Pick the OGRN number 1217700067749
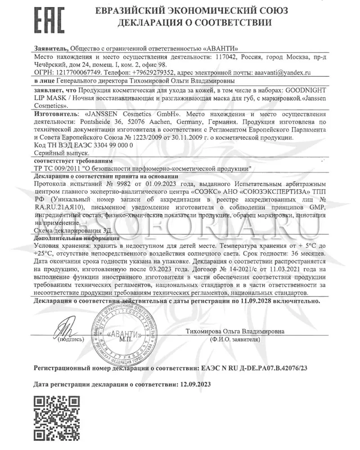pos(78,72)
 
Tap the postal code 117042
pos(222,58)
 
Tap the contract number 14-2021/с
pos(226,268)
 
